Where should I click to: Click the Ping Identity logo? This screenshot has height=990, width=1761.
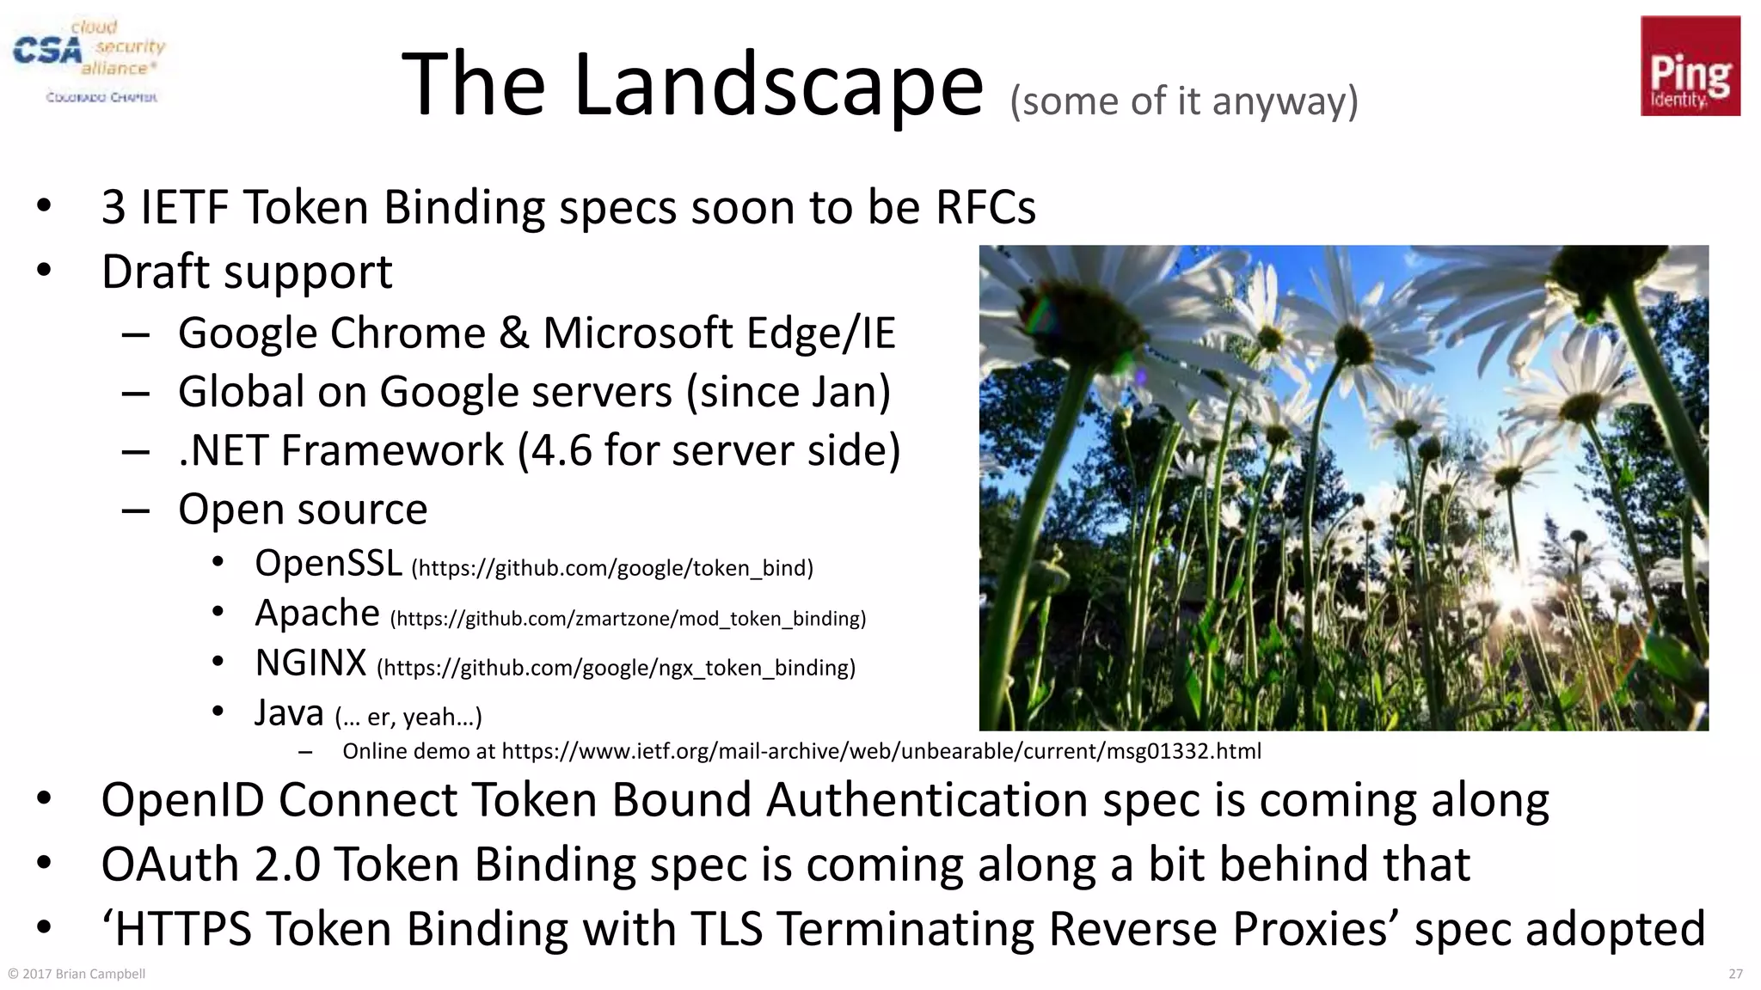click(x=1690, y=66)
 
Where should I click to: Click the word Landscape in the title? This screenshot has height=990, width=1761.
click(x=777, y=85)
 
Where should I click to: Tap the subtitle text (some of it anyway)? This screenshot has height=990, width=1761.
click(x=1183, y=101)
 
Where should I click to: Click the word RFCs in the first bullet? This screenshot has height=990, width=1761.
click(x=985, y=207)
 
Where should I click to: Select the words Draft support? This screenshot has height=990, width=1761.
click(x=247, y=272)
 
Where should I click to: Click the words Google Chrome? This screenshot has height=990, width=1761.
click(x=332, y=333)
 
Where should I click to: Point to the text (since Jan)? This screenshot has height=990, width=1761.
click(x=788, y=392)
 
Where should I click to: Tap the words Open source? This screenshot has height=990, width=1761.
click(x=303, y=510)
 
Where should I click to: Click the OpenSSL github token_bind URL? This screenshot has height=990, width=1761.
click(x=611, y=568)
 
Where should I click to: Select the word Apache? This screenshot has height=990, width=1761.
click(x=317, y=614)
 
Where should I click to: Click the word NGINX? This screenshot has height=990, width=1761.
click(x=310, y=663)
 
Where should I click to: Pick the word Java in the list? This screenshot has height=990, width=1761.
click(x=289, y=713)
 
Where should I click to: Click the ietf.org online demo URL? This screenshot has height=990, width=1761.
click(x=880, y=751)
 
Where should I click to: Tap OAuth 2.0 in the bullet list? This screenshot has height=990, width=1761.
click(x=211, y=865)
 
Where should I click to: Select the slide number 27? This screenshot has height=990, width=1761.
click(x=1735, y=974)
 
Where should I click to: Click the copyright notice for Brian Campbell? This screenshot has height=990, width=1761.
click(x=77, y=974)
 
